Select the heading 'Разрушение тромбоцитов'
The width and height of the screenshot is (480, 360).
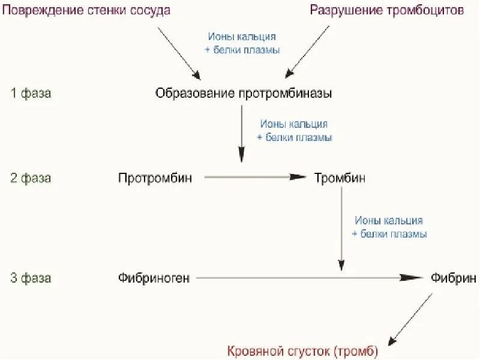point(387,10)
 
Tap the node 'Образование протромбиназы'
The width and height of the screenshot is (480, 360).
point(243,94)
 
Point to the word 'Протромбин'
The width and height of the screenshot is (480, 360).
point(155,178)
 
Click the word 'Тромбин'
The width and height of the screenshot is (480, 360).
point(340,178)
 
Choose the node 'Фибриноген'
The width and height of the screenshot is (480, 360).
point(154,278)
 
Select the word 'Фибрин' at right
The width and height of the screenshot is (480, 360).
point(454,278)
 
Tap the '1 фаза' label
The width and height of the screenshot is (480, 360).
point(31,94)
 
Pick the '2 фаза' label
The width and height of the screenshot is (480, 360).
point(31,178)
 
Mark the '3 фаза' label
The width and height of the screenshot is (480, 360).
point(31,278)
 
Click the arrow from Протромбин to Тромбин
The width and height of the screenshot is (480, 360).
point(255,178)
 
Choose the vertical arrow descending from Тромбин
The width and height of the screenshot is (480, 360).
point(341,228)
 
